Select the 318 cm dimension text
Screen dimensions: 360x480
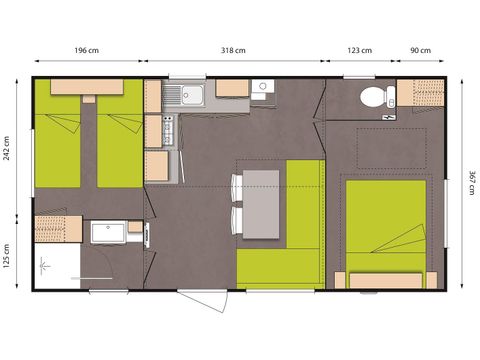(234, 50)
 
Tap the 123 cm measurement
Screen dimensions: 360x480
(360, 50)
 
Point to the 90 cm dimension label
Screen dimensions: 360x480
(420, 50)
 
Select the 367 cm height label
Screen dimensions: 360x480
(470, 182)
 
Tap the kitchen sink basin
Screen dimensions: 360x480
(190, 94)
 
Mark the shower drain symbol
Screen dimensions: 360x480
(45, 266)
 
